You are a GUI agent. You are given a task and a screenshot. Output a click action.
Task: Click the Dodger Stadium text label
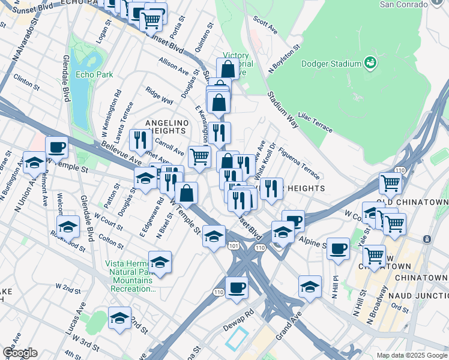[331, 64]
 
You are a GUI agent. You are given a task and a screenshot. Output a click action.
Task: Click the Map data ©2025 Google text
[411, 355]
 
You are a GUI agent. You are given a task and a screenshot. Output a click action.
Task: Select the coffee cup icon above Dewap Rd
[237, 287]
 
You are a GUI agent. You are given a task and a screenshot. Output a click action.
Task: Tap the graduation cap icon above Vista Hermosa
[160, 262]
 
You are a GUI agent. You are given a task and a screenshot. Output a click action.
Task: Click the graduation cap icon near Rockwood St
[68, 227]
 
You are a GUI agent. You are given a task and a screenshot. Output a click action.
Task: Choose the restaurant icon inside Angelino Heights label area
[140, 140]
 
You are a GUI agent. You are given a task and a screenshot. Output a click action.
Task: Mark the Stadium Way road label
[283, 106]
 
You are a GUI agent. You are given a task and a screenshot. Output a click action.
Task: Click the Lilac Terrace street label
[315, 121]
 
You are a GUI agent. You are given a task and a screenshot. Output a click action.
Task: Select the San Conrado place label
[404, 4]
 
